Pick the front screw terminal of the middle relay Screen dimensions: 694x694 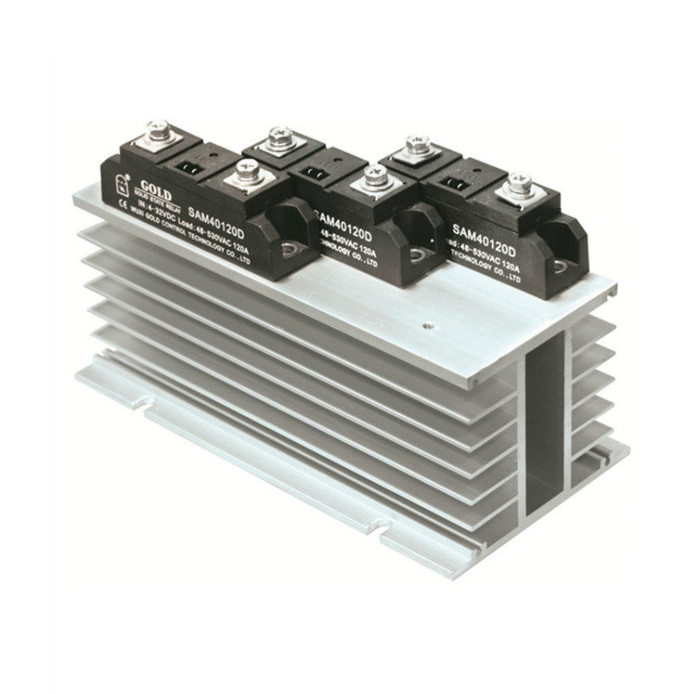[x=375, y=180]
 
